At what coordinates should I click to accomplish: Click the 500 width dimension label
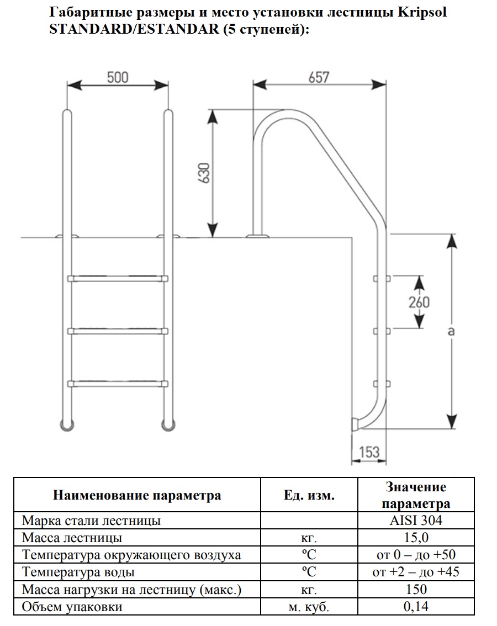pyautogui.click(x=118, y=77)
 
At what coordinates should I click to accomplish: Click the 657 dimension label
pyautogui.click(x=319, y=77)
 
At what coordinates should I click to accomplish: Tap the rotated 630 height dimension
pyautogui.click(x=204, y=173)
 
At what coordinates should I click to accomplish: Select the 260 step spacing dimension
pyautogui.click(x=419, y=302)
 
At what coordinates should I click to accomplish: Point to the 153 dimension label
pyautogui.click(x=369, y=452)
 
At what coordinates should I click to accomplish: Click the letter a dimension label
pyautogui.click(x=451, y=331)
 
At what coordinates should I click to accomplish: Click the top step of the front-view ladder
pyautogui.click(x=118, y=278)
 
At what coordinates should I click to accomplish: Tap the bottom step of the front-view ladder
pyautogui.click(x=118, y=384)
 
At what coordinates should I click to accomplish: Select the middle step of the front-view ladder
pyautogui.click(x=118, y=331)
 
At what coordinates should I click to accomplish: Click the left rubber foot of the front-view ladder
pyautogui.click(x=67, y=425)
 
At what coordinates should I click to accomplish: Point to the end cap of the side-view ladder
pyautogui.click(x=355, y=425)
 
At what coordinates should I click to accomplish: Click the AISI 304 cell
pyautogui.click(x=416, y=520)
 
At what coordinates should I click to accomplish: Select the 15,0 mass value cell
pyautogui.click(x=416, y=537)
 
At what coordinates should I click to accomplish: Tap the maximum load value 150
pyautogui.click(x=416, y=589)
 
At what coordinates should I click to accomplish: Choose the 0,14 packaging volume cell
pyautogui.click(x=416, y=606)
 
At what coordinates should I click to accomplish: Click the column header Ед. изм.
pyautogui.click(x=309, y=495)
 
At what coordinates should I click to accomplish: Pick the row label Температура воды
pyautogui.click(x=78, y=572)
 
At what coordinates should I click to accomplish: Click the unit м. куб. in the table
pyautogui.click(x=309, y=607)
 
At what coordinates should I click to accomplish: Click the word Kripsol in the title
pyautogui.click(x=422, y=12)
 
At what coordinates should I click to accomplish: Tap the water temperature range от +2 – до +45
pyautogui.click(x=416, y=572)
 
